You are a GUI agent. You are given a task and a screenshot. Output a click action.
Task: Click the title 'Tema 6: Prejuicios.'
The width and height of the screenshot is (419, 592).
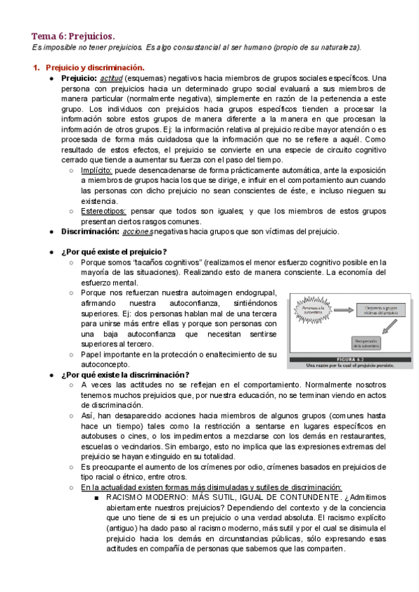tap(73, 36)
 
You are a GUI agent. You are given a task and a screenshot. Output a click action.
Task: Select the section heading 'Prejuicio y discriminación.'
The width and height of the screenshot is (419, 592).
tap(95, 68)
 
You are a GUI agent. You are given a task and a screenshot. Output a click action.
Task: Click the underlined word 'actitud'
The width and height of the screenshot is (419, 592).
tap(111, 78)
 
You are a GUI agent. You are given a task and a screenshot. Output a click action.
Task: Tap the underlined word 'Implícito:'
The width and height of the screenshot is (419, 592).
tap(96, 170)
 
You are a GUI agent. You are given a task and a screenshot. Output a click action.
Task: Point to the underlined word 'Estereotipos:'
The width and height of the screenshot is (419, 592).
tap(103, 212)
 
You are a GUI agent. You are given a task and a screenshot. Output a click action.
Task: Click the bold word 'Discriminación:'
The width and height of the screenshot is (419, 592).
tap(90, 232)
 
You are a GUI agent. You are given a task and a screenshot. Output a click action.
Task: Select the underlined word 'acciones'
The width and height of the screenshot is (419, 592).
tap(137, 232)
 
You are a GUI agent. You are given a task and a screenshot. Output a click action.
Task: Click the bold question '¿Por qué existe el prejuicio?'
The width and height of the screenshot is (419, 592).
tap(114, 252)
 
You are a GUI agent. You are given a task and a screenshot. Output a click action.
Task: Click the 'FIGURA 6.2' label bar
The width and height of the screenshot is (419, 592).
tap(351, 357)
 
